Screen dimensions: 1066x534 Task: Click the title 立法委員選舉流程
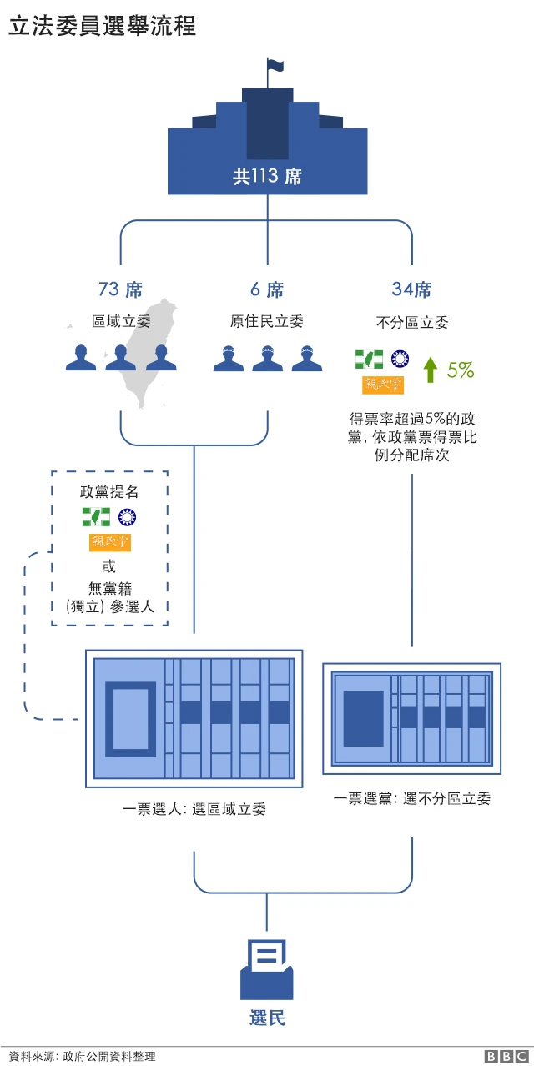(x=103, y=27)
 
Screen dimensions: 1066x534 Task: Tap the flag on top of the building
(x=275, y=65)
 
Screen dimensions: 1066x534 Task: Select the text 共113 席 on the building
(x=267, y=176)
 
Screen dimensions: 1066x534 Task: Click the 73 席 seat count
(x=120, y=289)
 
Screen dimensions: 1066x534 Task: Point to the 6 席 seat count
(x=267, y=289)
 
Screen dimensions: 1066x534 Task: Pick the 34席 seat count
(x=412, y=289)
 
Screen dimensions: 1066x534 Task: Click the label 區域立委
(x=120, y=320)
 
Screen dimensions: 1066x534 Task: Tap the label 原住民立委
(x=267, y=320)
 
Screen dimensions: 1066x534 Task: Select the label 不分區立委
(x=412, y=322)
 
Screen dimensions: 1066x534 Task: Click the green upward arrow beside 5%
(x=431, y=370)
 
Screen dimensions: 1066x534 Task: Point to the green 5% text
(x=461, y=370)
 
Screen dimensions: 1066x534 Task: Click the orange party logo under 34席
(x=382, y=385)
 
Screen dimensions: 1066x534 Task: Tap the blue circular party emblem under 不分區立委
(x=400, y=360)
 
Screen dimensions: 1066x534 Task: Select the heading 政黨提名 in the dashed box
(x=109, y=491)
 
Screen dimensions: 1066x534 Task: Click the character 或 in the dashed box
(x=109, y=566)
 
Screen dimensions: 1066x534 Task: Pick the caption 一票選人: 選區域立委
(x=194, y=808)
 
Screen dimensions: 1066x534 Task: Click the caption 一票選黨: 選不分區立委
(x=412, y=798)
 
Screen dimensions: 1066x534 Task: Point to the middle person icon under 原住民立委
(x=267, y=358)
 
